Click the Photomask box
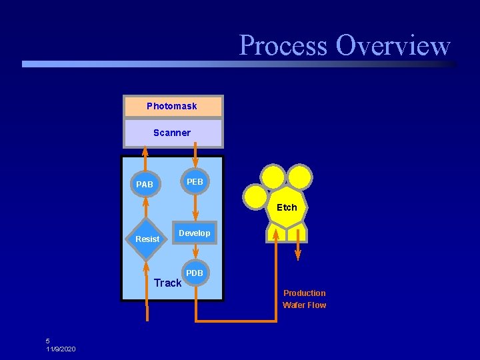click(x=173, y=106)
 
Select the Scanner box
click(x=173, y=133)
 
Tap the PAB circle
click(x=145, y=184)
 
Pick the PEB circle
click(x=195, y=181)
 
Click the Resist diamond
click(x=146, y=239)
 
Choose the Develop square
click(x=195, y=233)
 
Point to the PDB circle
click(x=195, y=273)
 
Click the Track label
click(x=167, y=283)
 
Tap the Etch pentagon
click(x=287, y=207)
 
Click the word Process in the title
click(x=283, y=45)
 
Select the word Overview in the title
click(x=393, y=45)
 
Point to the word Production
click(x=305, y=293)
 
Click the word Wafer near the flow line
click(x=293, y=305)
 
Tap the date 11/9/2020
click(x=61, y=349)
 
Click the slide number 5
click(x=48, y=341)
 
